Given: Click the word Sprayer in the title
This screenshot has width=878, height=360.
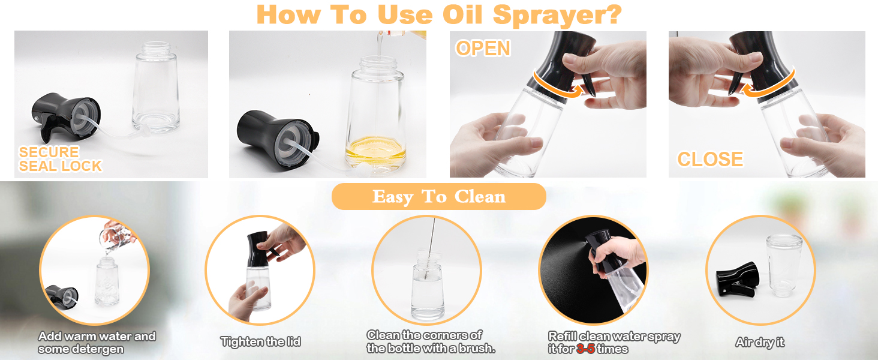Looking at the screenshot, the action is pos(557,15).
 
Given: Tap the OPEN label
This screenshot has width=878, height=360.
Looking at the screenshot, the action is pos(483,48).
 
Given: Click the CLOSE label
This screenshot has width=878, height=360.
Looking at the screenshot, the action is pos(710,159).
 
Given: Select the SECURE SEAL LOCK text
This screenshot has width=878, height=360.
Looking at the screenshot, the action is pos(61,159).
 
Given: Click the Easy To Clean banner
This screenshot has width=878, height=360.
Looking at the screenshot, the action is pos(438,196).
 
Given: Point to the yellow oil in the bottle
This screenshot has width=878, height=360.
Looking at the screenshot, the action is pos(375,151).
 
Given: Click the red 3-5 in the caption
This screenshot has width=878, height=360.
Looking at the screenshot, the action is pos(585,349).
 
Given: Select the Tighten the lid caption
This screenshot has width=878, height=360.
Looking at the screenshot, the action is pos(261,341).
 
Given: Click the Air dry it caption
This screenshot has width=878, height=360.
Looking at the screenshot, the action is pos(760,342).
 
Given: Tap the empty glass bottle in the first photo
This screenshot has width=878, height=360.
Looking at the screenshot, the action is pos(156,87).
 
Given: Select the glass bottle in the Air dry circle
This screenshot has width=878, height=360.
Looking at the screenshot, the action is pos(784,265).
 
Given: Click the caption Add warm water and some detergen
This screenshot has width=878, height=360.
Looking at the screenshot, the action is pos(97,343).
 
